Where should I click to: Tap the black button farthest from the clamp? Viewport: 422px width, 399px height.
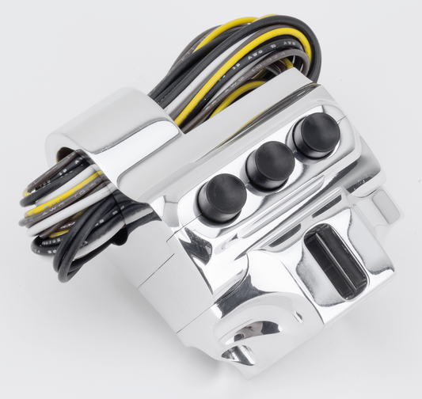316,130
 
